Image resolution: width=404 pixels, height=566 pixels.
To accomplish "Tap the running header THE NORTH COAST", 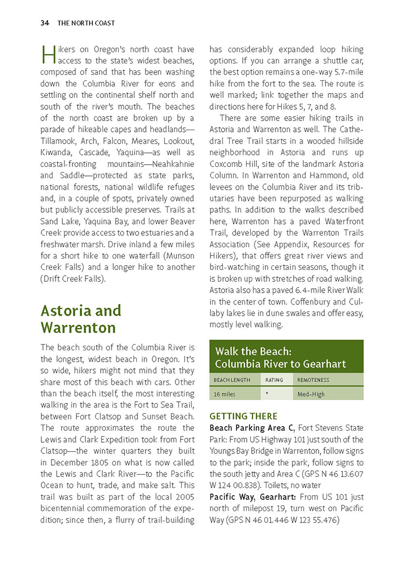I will click(x=86, y=23).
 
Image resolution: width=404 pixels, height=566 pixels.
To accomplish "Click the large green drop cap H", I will click(x=48, y=55).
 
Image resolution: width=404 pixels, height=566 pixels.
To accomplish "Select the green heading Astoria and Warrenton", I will click(x=81, y=319).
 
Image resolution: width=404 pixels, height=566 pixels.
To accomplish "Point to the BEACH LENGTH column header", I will click(x=232, y=380).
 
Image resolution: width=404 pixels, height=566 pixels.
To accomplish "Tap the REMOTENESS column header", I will click(x=313, y=380).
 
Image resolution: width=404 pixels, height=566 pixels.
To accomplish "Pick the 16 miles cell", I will click(x=225, y=394).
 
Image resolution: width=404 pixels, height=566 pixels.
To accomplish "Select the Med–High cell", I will click(x=311, y=394).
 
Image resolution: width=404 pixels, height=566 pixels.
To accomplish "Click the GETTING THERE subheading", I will click(x=243, y=416).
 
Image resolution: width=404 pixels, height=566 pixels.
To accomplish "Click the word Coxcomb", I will click(x=227, y=164).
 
